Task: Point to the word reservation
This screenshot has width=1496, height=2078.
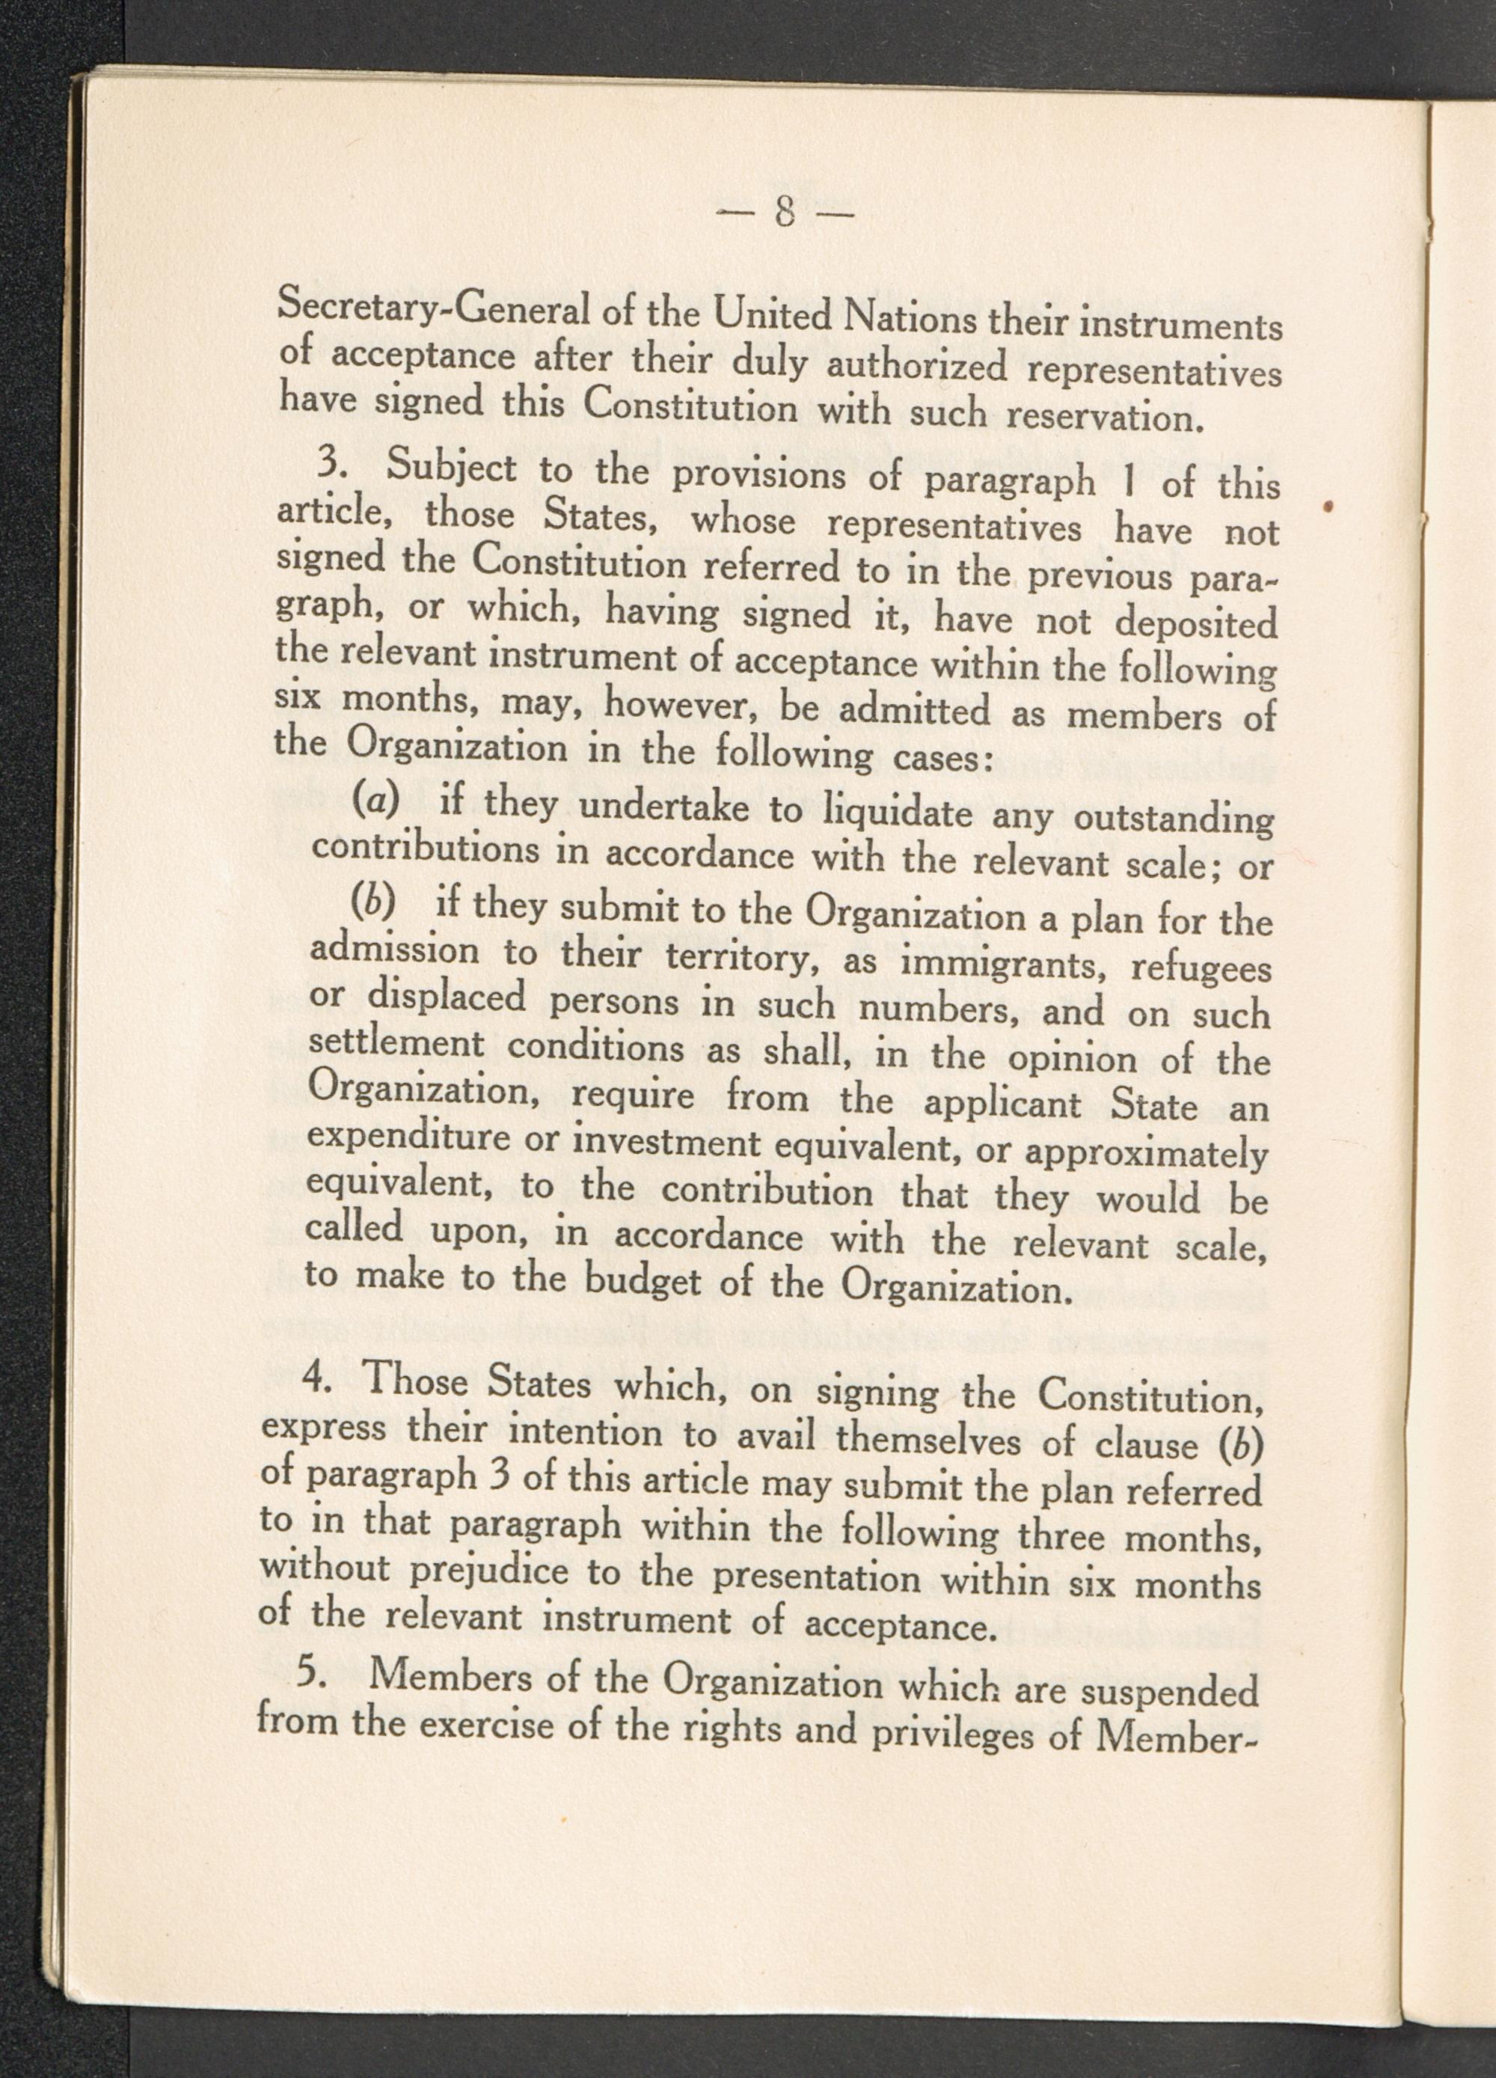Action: (x=1102, y=417)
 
